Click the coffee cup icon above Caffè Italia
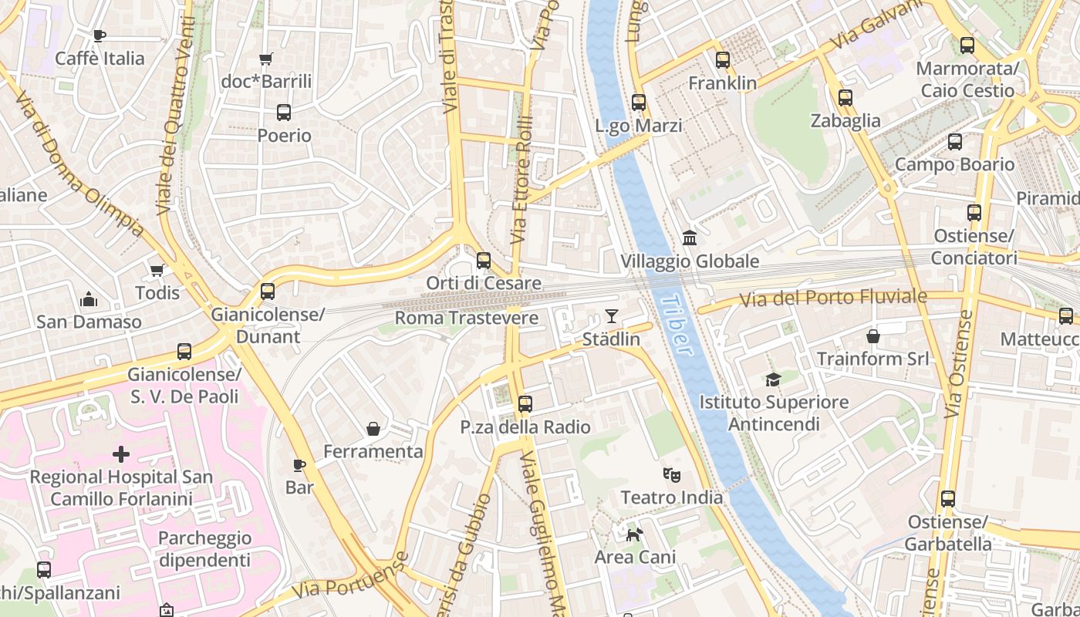point(99,35)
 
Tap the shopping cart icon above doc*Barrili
point(266,59)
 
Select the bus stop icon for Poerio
point(284,113)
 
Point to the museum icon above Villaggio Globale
point(690,238)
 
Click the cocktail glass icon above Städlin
point(612,315)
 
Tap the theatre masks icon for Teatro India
point(672,474)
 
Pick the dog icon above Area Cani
point(634,534)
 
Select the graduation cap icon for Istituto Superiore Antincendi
point(773,379)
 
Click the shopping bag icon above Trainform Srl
point(873,336)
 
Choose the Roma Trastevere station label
point(467,318)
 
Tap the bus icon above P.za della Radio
point(525,403)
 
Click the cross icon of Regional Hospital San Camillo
point(121,453)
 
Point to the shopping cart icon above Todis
point(157,270)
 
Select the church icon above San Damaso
point(89,298)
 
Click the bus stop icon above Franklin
point(723,59)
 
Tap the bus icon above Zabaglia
point(845,98)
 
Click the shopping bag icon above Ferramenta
point(373,428)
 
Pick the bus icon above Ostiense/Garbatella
point(948,499)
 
